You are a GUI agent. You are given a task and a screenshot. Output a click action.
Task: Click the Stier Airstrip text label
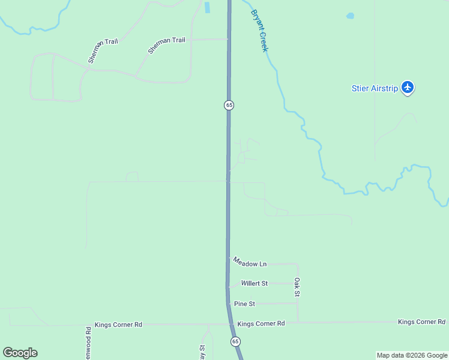pyautogui.click(x=375, y=88)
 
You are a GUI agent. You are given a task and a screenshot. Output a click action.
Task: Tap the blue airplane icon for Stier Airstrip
pyautogui.click(x=408, y=88)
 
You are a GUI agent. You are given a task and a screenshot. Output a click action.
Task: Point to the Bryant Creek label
pyautogui.click(x=259, y=31)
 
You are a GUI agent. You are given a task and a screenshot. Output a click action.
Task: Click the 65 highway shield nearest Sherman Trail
pyautogui.click(x=229, y=105)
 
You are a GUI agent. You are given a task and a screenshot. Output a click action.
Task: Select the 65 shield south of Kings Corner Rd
pyautogui.click(x=235, y=341)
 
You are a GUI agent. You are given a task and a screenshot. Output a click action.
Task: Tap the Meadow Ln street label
pyautogui.click(x=250, y=262)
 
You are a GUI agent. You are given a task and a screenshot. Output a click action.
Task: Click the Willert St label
pyautogui.click(x=255, y=283)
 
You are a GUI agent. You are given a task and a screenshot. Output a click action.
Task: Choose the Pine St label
pyautogui.click(x=245, y=304)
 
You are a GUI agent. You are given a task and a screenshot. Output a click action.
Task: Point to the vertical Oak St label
pyautogui.click(x=297, y=287)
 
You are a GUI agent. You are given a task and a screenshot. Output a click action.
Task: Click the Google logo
pyautogui.click(x=20, y=353)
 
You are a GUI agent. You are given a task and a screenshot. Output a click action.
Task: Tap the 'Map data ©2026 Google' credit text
pyautogui.click(x=412, y=355)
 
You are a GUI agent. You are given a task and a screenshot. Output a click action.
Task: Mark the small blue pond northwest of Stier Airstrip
pyautogui.click(x=350, y=16)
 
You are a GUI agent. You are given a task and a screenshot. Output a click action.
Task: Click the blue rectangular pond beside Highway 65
pyautogui.click(x=208, y=7)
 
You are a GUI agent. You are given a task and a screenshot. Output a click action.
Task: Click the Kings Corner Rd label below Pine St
pyautogui.click(x=261, y=324)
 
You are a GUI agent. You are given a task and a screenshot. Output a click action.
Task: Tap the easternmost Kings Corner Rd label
pyautogui.click(x=421, y=322)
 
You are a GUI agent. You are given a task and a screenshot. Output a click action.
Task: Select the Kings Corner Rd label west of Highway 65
pyautogui.click(x=118, y=325)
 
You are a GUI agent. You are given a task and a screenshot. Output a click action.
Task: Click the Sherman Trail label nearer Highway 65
pyautogui.click(x=167, y=44)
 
